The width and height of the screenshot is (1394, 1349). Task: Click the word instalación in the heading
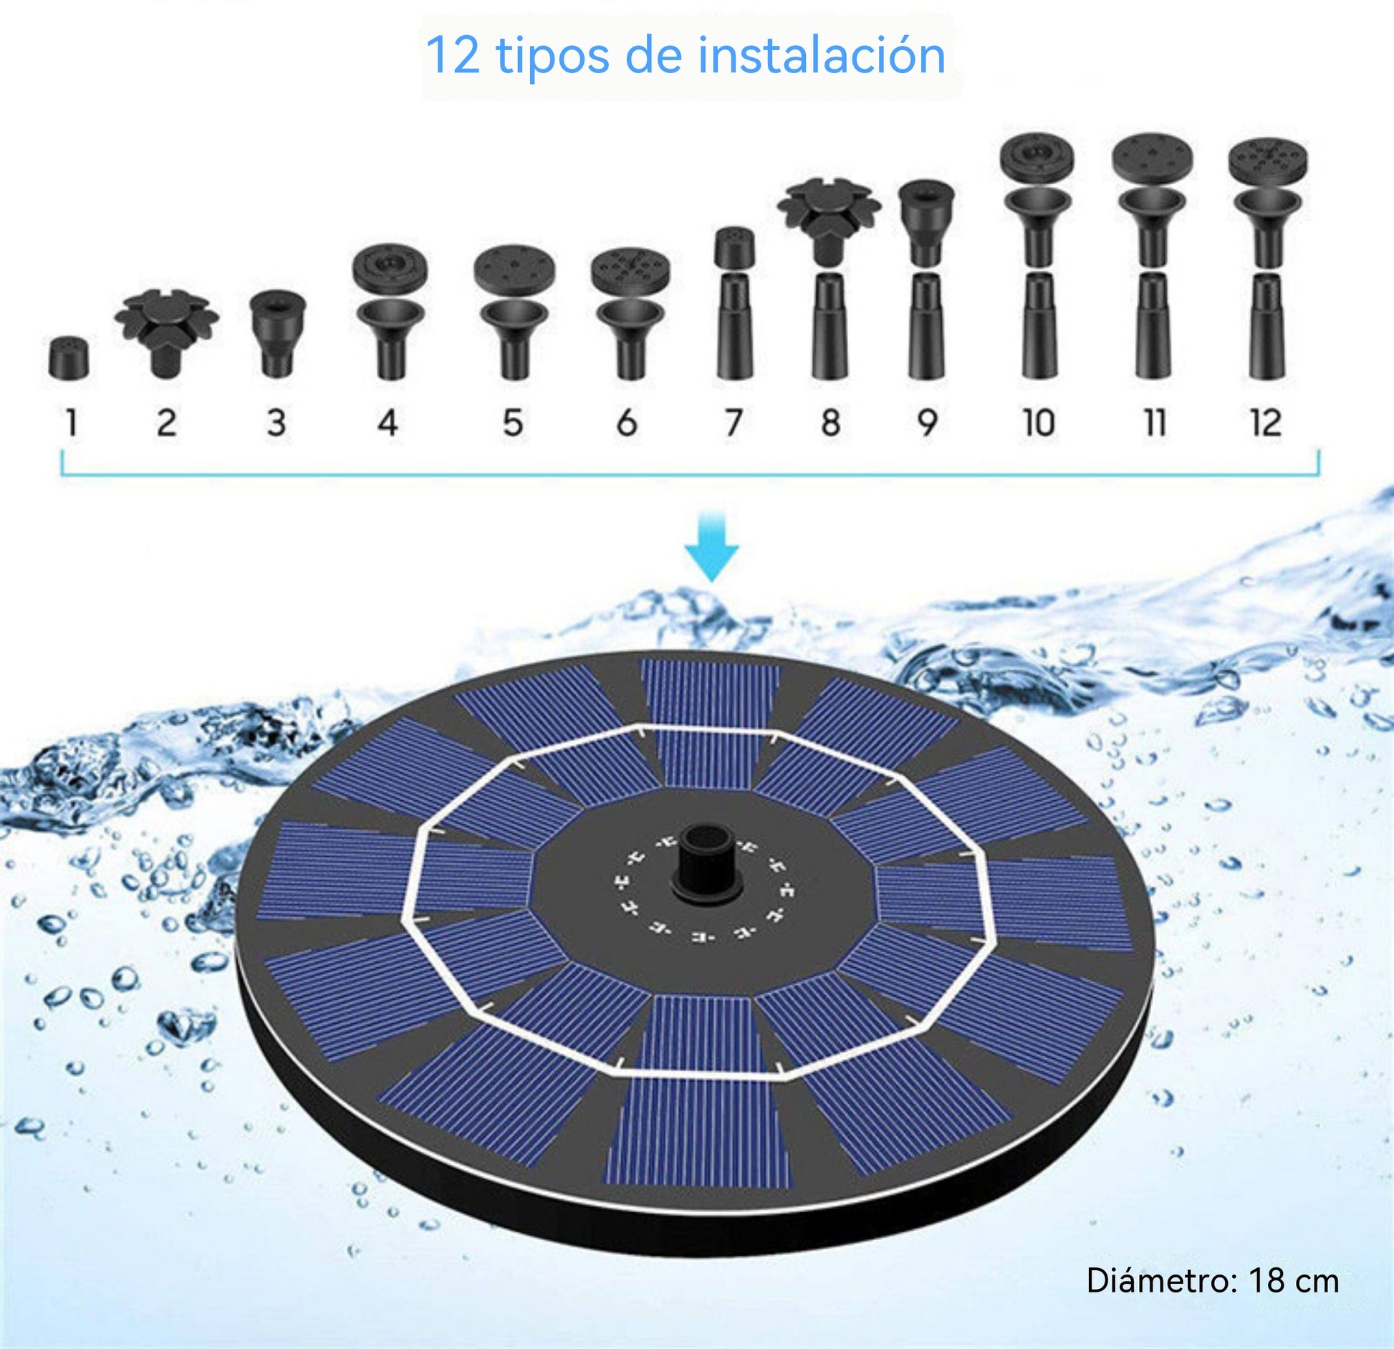[x=822, y=55]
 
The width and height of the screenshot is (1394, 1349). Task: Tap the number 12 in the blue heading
[x=453, y=55]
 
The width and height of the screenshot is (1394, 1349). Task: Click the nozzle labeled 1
[x=69, y=357]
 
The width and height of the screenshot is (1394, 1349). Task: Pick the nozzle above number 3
[x=277, y=334]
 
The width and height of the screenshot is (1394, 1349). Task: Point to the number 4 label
[x=388, y=423]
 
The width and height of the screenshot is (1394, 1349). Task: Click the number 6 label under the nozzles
[x=627, y=423]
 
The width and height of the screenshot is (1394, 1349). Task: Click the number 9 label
[x=928, y=423]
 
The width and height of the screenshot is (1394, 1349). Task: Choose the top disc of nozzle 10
[x=1037, y=157]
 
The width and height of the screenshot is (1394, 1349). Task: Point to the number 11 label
[x=1154, y=423]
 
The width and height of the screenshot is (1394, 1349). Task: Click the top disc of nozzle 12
[x=1267, y=160]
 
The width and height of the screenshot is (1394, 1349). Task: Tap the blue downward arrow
[x=711, y=546]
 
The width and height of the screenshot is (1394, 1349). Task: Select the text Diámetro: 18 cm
[x=1213, y=1280]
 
